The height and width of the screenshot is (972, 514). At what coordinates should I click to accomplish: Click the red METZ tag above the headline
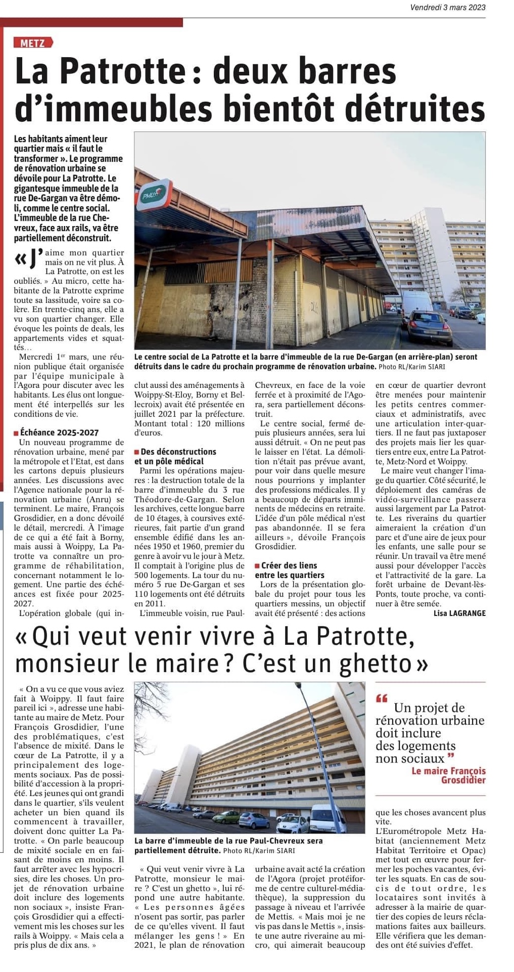click(33, 43)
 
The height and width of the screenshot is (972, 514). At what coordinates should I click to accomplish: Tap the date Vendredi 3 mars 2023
click(448, 7)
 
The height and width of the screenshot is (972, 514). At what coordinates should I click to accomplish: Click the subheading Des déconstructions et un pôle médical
click(175, 456)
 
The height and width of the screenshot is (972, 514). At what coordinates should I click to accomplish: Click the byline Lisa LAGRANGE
click(459, 613)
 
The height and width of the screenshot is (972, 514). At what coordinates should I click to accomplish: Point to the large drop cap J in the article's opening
click(34, 259)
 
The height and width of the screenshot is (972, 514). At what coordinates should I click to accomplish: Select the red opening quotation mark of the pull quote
click(382, 699)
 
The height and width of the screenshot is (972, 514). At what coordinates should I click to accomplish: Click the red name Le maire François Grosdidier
click(449, 775)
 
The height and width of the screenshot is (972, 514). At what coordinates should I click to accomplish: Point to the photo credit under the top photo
click(411, 367)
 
